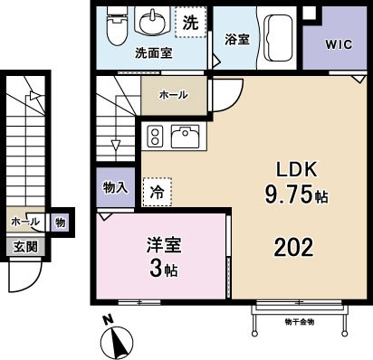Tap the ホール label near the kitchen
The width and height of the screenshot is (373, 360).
(x=173, y=94)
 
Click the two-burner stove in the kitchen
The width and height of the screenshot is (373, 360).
(x=154, y=136)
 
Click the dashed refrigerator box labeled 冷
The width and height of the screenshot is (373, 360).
(x=157, y=191)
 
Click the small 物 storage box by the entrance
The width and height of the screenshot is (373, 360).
(x=59, y=222)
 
